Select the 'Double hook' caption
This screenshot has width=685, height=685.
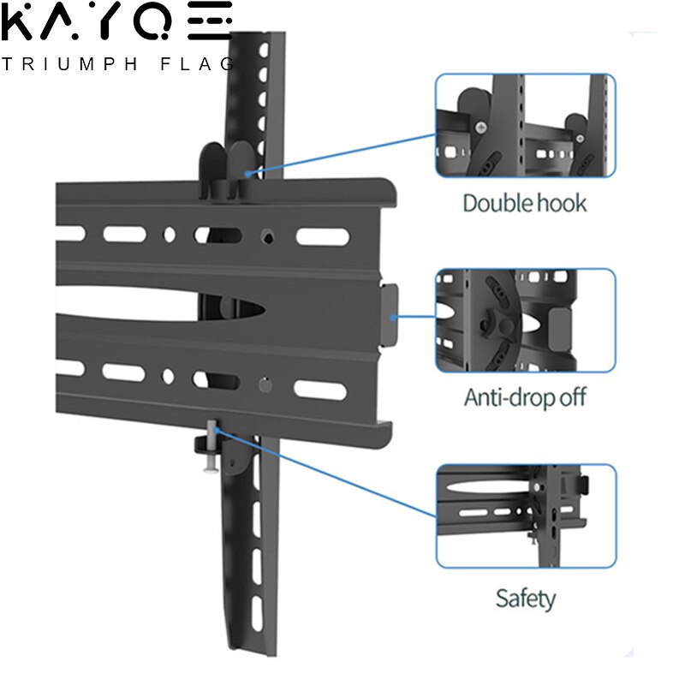524,204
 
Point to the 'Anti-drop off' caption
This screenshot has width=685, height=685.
525,398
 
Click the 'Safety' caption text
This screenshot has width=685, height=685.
525,598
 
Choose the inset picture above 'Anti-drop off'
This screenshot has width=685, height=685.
525,320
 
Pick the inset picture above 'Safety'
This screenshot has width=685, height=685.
525,516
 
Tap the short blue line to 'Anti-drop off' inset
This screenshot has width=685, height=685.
415,317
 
